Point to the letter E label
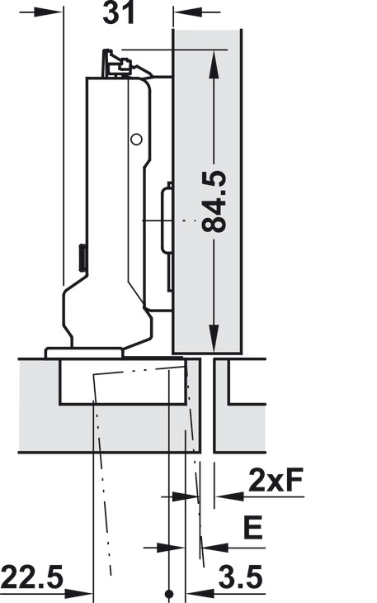(x=253, y=527)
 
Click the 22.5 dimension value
(x=32, y=576)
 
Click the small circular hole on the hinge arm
(x=136, y=139)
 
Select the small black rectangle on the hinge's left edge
(x=82, y=257)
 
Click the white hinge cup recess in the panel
(x=124, y=382)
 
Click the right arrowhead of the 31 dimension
(x=181, y=12)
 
